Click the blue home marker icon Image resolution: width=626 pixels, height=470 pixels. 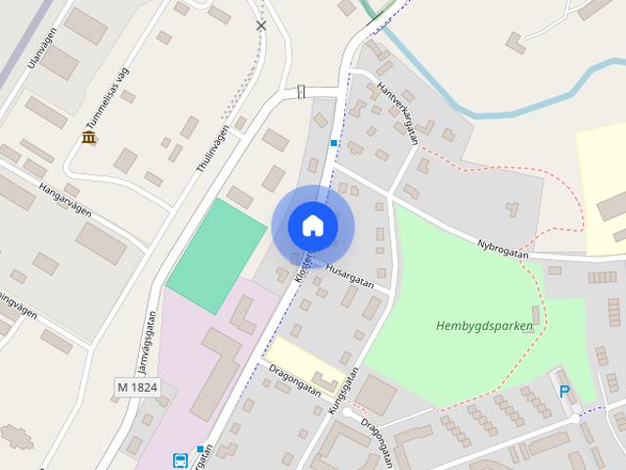(313, 225)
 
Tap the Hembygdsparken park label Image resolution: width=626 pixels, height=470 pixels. (484, 326)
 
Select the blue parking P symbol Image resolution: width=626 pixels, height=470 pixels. (564, 392)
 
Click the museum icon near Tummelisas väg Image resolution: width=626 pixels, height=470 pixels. (89, 137)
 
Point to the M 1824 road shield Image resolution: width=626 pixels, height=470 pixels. (137, 387)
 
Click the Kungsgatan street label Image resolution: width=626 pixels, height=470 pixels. (344, 392)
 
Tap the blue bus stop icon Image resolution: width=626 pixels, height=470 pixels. (180, 460)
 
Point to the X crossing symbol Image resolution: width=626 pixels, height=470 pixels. (261, 25)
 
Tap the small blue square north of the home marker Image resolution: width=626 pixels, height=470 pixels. (334, 143)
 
